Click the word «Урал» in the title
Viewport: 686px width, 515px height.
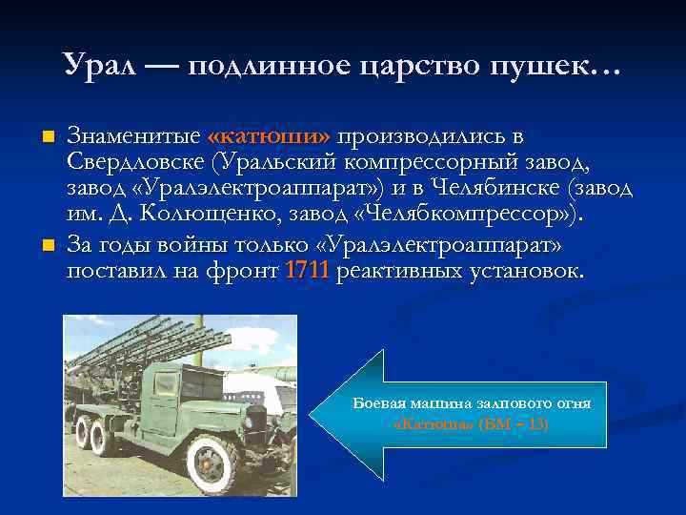click(x=100, y=64)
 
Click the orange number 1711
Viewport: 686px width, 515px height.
click(x=307, y=271)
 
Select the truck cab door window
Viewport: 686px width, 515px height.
click(x=167, y=385)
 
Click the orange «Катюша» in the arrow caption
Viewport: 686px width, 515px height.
click(x=434, y=422)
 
